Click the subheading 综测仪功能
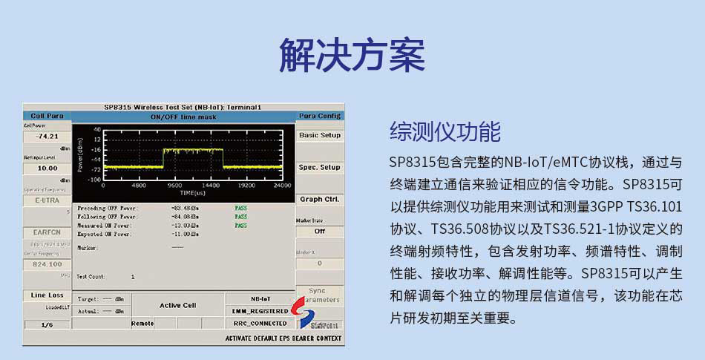[445, 132]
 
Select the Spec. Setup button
[319, 168]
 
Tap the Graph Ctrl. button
[319, 199]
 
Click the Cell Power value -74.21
[47, 137]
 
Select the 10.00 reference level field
[47, 168]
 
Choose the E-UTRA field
[47, 200]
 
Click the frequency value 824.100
[47, 264]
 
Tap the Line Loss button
[47, 295]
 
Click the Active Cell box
[178, 305]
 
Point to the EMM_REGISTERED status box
[259, 311]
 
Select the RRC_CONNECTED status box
[259, 324]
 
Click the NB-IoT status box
[259, 298]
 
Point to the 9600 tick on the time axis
[175, 186]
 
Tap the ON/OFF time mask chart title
[183, 117]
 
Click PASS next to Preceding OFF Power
[241, 208]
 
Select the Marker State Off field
[319, 231]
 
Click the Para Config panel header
[319, 116]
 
